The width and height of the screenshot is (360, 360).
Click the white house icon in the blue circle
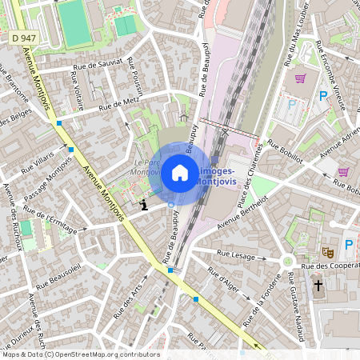pyautogui.click(x=180, y=172)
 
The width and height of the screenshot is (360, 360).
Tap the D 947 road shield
pyautogui.click(x=24, y=38)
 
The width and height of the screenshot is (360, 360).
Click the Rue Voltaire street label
pyautogui.click(x=78, y=90)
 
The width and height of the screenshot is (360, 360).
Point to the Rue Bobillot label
pyautogui.click(x=285, y=151)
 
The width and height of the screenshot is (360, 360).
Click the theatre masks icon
pyautogui.click(x=326, y=251)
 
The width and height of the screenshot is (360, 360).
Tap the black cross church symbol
pyautogui.click(x=318, y=284)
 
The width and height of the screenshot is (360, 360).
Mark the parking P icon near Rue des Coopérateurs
pyautogui.click(x=349, y=245)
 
